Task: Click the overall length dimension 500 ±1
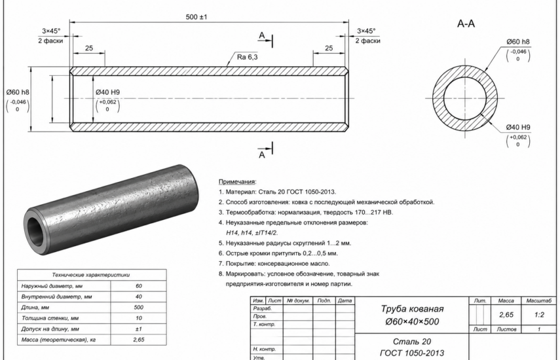pyautogui.click(x=196, y=17)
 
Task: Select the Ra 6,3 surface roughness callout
pyautogui.click(x=247, y=57)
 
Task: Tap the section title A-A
pyautogui.click(x=466, y=24)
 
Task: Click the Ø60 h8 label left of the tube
pyautogui.click(x=18, y=92)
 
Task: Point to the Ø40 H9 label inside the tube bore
pyautogui.click(x=108, y=92)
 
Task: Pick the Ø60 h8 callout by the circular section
pyautogui.click(x=518, y=42)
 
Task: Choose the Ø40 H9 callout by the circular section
pyautogui.click(x=518, y=127)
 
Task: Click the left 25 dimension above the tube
pyautogui.click(x=89, y=48)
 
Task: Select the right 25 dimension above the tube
pyautogui.click(x=329, y=48)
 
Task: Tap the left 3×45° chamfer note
pyautogui.click(x=51, y=31)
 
